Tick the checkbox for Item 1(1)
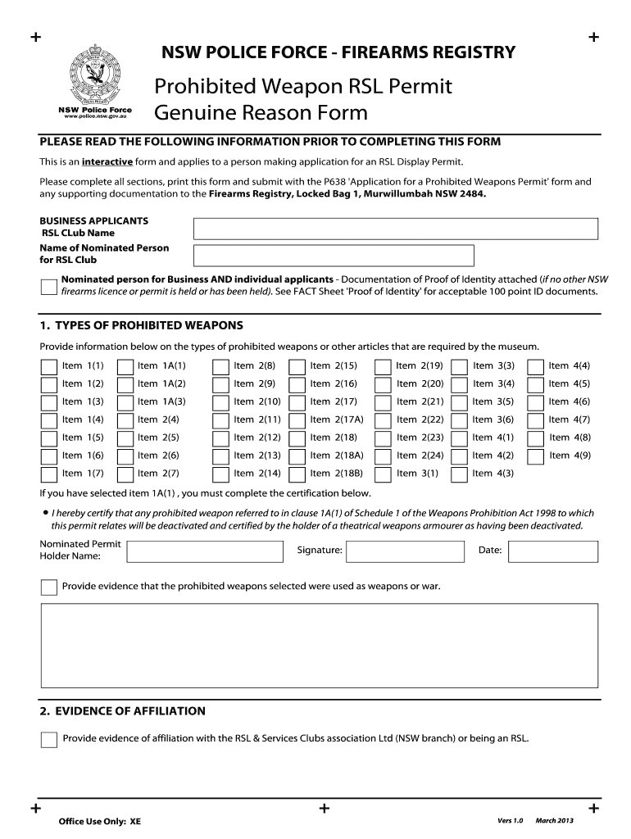(x=49, y=365)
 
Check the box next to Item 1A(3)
(x=125, y=401)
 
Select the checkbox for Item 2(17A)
(x=297, y=419)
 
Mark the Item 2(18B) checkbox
(x=297, y=474)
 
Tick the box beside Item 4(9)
(x=536, y=456)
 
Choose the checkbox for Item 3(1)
(x=383, y=474)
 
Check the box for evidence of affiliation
(x=49, y=739)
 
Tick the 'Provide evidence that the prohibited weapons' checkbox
(x=49, y=587)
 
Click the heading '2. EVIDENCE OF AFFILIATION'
(x=123, y=710)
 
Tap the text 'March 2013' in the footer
(x=555, y=821)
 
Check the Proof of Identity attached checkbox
(x=49, y=286)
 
